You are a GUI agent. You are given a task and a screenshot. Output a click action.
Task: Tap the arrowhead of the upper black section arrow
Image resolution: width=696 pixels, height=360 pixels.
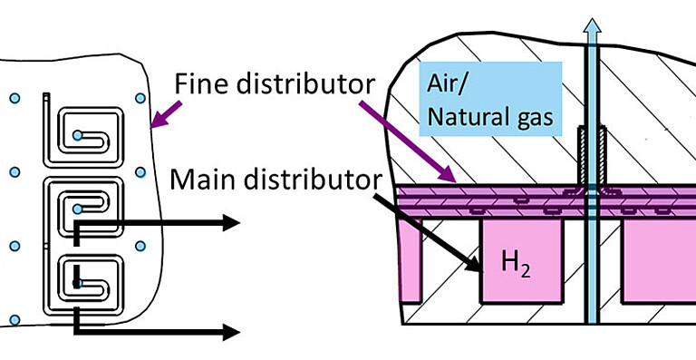(x=232, y=223)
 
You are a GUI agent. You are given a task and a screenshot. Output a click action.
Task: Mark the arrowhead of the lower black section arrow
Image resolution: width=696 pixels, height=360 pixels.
(x=232, y=333)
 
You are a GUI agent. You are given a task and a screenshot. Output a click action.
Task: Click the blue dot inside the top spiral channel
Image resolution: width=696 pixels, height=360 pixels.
(x=78, y=136)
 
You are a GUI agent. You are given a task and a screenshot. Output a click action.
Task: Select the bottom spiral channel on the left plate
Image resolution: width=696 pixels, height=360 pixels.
(x=90, y=280)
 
